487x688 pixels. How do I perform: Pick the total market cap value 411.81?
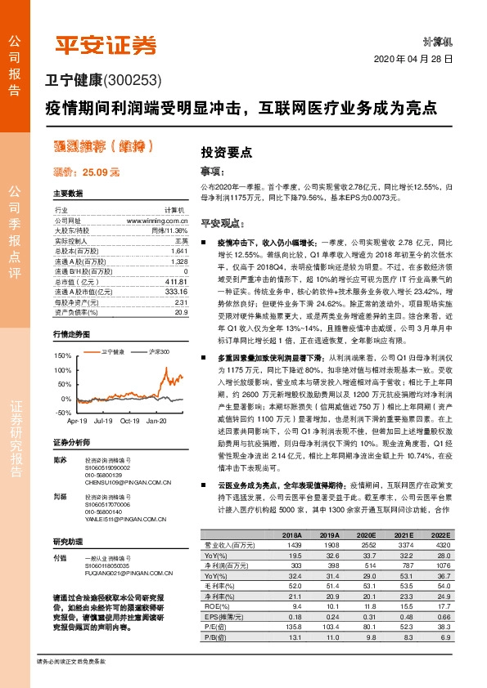176,280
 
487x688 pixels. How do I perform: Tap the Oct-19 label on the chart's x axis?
132,420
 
